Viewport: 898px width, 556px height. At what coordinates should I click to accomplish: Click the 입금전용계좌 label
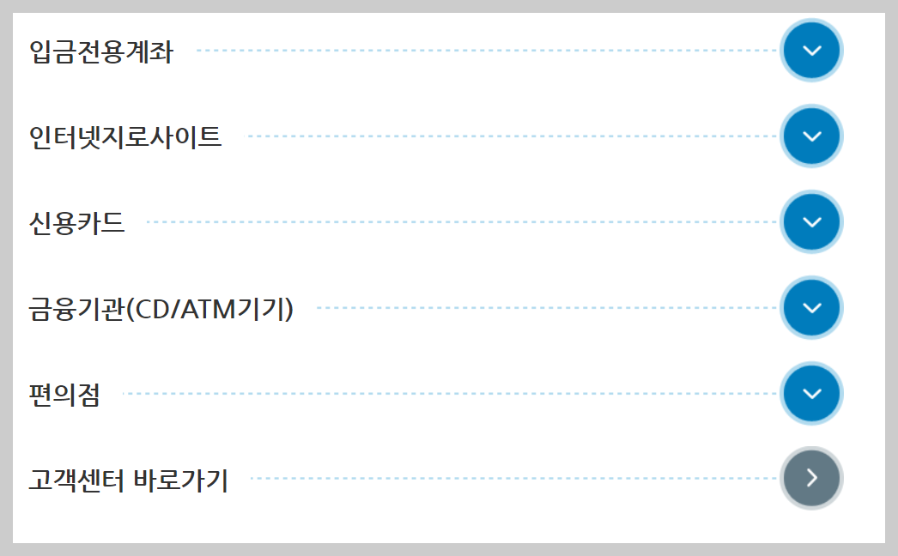click(100, 51)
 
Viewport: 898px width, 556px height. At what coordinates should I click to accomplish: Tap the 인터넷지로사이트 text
click(125, 136)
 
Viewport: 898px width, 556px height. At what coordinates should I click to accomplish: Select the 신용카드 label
click(76, 222)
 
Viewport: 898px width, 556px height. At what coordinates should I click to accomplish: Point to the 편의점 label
click(64, 394)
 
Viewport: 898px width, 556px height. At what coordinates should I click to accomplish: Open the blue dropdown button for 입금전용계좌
click(811, 50)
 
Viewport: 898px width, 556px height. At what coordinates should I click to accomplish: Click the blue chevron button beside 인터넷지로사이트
click(811, 136)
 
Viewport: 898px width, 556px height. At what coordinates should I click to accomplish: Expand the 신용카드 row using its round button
click(811, 221)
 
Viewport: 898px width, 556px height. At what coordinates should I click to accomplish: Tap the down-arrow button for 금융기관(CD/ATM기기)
click(811, 307)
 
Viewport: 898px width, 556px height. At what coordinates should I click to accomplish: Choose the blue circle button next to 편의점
click(811, 393)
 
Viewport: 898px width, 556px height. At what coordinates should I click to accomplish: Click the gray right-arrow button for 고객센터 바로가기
click(811, 478)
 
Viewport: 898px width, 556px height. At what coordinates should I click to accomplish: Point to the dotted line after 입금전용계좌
click(485, 51)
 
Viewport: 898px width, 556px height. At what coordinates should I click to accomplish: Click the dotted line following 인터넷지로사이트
click(511, 136)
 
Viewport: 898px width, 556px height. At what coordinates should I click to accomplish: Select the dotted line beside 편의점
click(451, 394)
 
